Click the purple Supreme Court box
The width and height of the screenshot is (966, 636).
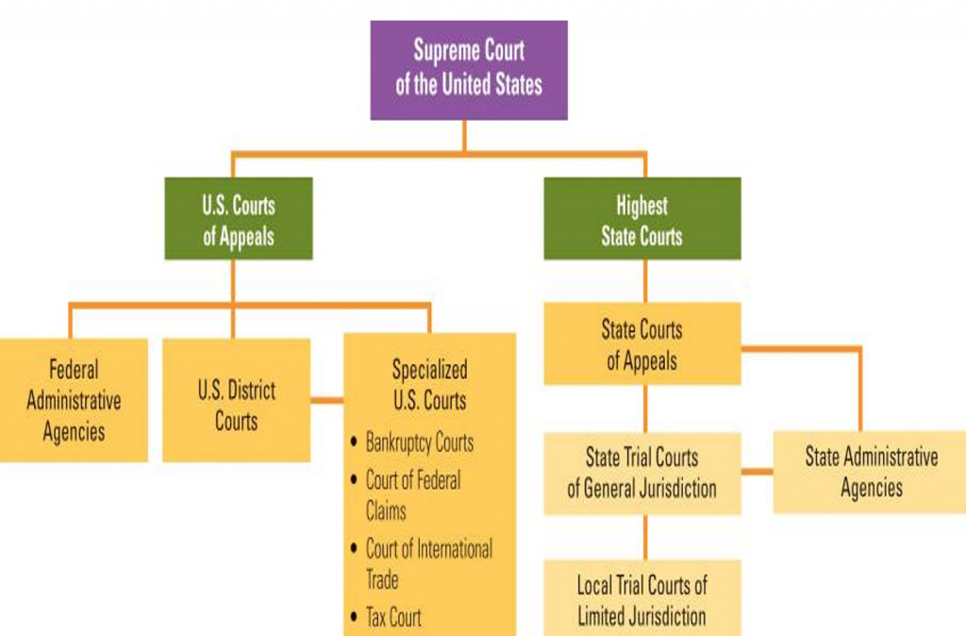coord(469,70)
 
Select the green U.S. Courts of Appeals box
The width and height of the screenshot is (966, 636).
coord(238,219)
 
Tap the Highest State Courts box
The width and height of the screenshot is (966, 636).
coord(641,219)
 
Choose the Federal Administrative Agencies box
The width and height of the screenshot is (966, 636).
coord(74,400)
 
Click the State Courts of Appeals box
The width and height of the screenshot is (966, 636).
coord(641,344)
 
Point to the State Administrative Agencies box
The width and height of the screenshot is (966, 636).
coord(870,472)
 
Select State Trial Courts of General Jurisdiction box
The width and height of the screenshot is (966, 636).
coord(641,473)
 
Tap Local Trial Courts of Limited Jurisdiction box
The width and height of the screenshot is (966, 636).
coord(641,599)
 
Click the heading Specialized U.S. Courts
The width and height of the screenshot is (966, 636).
coord(429,383)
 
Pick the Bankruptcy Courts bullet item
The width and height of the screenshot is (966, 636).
coord(419,443)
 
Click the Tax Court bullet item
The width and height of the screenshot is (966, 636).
coord(393,618)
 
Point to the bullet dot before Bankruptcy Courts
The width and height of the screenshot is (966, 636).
coord(354,442)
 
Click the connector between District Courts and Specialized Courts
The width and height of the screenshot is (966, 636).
coord(326,401)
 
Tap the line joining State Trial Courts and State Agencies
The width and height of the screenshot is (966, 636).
coord(757,471)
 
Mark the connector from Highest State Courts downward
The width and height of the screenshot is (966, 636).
coord(645,280)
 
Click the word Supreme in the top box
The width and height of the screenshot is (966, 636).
coord(442,51)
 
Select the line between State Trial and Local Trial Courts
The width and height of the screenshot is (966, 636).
coord(645,537)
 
